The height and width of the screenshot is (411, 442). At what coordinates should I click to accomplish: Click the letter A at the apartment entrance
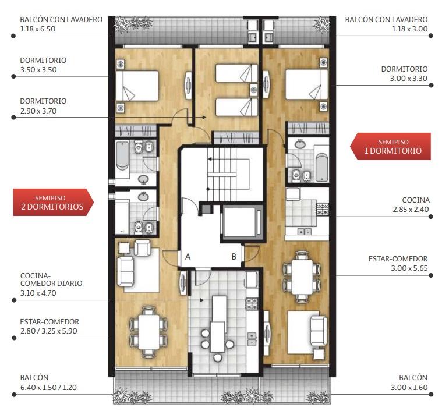[x=188, y=257]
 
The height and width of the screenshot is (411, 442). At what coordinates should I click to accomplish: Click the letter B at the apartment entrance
[x=234, y=257]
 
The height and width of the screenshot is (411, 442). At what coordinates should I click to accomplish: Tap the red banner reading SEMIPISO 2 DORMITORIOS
[x=53, y=202]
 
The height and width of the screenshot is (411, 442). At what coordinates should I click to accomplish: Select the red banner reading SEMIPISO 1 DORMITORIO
[x=390, y=147]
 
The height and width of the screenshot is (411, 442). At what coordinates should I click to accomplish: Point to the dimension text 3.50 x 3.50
[x=38, y=70]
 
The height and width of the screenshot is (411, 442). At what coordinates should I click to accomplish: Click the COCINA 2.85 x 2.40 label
[x=411, y=204]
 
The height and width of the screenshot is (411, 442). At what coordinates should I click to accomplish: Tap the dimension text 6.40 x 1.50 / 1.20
[x=48, y=387]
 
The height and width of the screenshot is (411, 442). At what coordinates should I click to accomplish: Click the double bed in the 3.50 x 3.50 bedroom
[x=137, y=86]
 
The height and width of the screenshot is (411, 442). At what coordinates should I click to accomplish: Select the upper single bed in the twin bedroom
[x=236, y=73]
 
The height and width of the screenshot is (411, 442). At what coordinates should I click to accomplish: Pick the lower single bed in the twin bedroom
[x=236, y=107]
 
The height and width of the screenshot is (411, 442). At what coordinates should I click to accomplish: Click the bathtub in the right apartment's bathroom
[x=322, y=167]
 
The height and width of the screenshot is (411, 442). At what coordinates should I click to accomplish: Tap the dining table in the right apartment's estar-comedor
[x=302, y=277]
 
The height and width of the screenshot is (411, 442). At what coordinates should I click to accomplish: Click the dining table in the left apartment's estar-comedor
[x=148, y=332]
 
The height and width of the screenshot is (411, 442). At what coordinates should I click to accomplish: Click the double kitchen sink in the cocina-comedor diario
[x=252, y=339]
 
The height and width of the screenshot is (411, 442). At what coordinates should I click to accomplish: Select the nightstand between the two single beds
[x=254, y=90]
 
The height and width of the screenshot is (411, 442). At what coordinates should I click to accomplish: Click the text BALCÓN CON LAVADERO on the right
[x=386, y=19]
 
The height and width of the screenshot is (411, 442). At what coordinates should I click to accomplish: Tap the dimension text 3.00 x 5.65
[x=409, y=268]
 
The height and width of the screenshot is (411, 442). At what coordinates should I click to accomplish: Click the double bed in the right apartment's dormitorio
[x=307, y=84]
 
